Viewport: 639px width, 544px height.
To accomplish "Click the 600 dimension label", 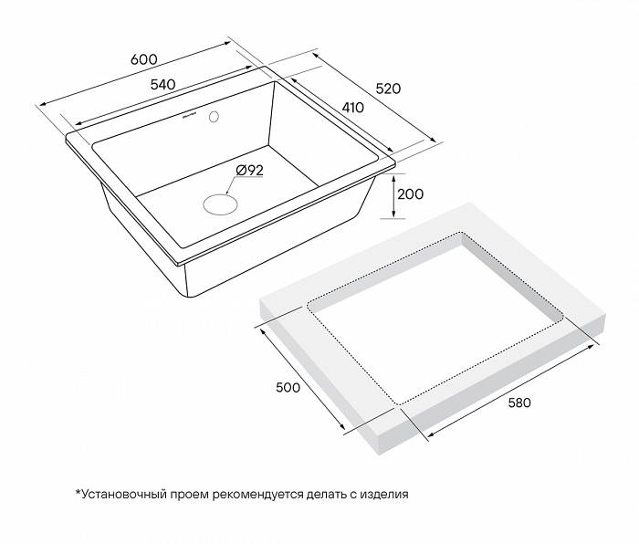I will coord(144,58).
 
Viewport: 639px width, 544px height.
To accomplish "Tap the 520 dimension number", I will coord(389,89).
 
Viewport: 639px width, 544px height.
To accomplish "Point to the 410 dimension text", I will coord(351,107).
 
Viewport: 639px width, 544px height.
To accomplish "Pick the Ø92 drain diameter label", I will coord(249,170).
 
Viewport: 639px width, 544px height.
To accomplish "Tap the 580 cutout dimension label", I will coord(515,403).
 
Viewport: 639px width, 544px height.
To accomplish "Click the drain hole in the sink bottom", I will coord(218,203).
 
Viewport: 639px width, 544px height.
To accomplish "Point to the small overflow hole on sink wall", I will coord(215,117).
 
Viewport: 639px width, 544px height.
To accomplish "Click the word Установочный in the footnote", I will coord(125,496).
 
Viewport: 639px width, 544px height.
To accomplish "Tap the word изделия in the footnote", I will coord(383,496).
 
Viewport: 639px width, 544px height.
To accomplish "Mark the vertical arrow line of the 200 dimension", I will coord(393,196).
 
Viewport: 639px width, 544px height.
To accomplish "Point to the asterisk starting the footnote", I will coord(78,494).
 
